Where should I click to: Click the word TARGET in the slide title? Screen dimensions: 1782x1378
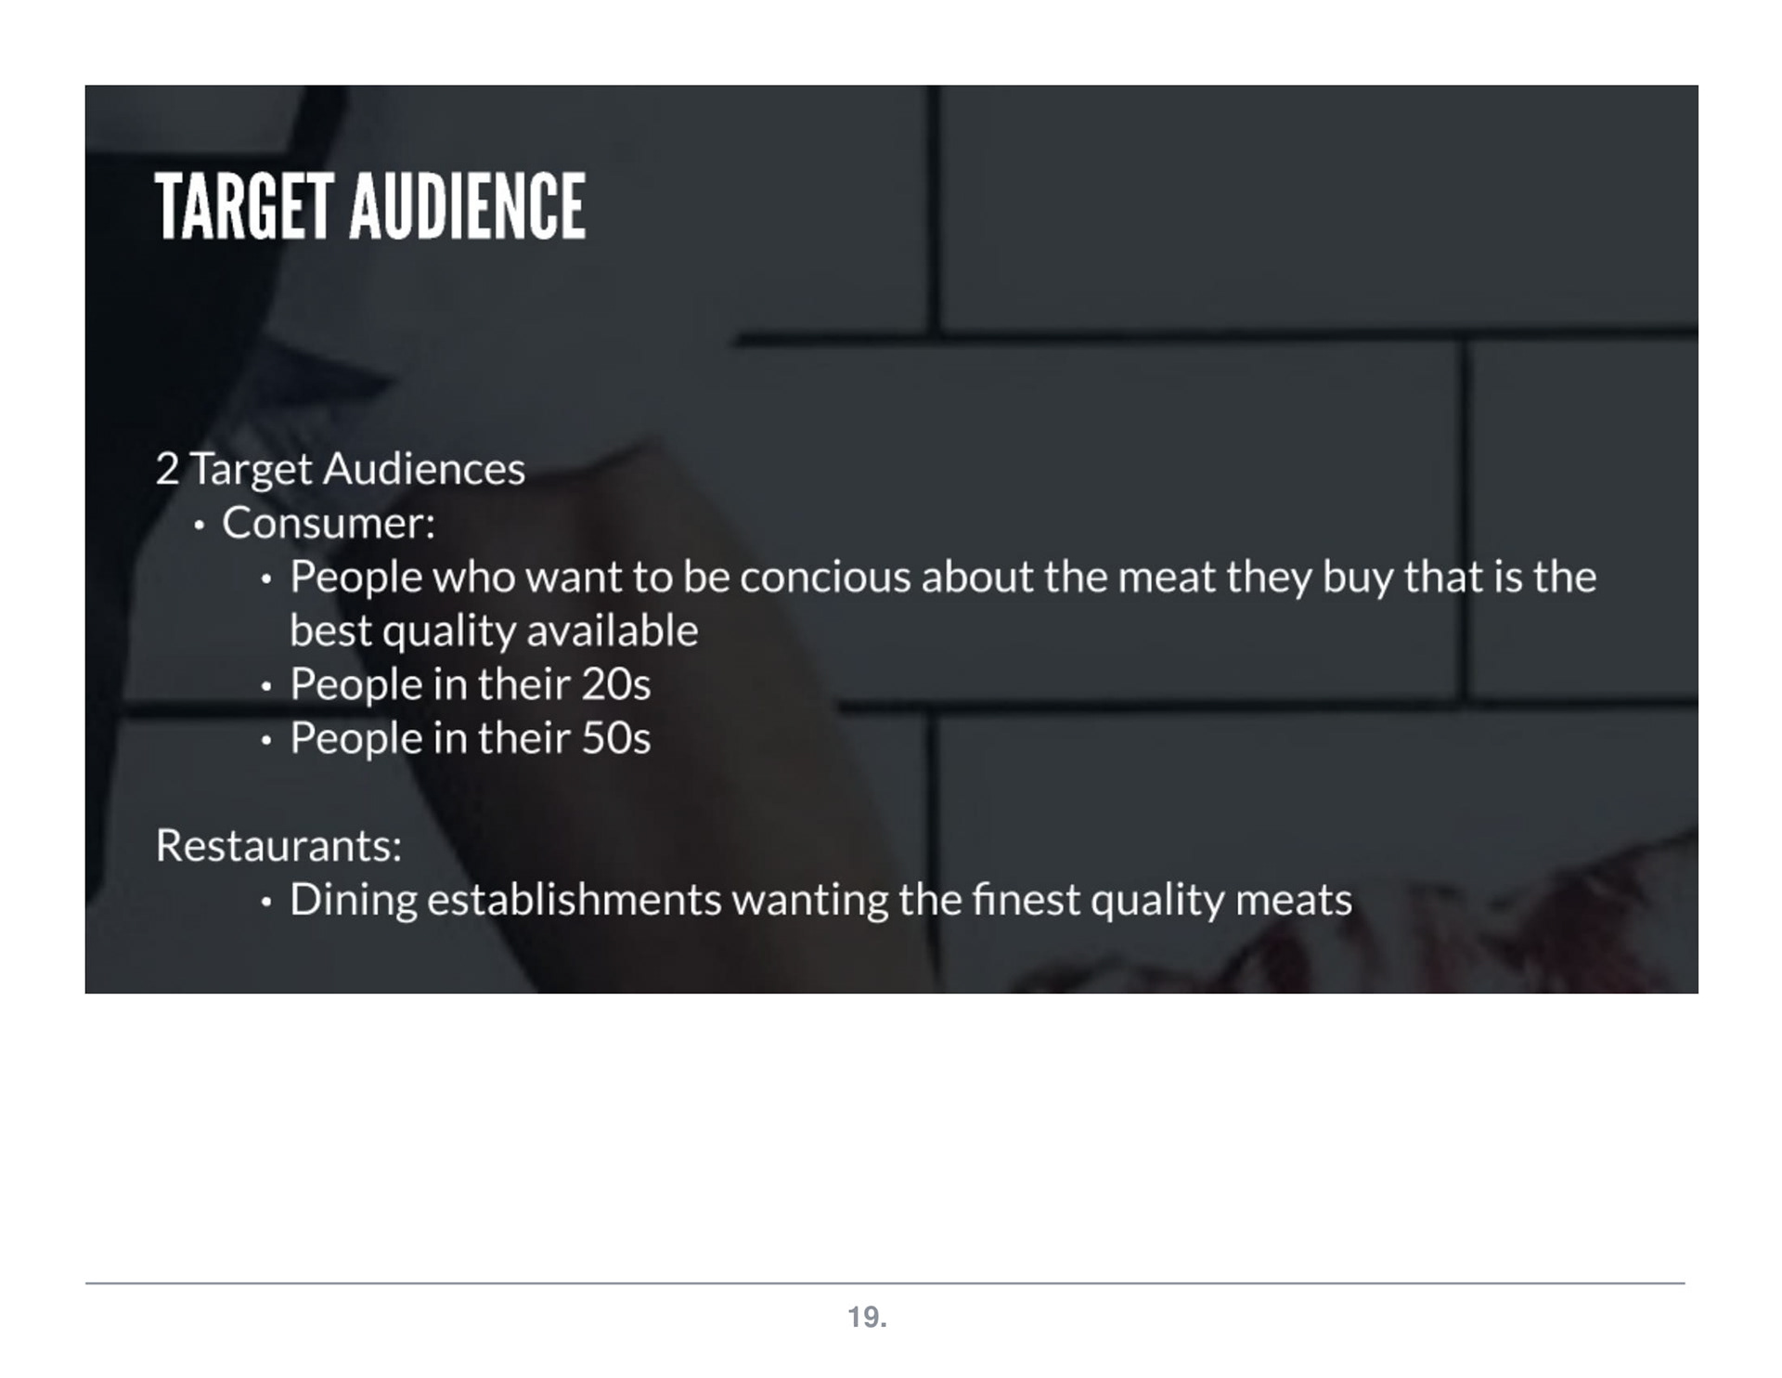point(244,206)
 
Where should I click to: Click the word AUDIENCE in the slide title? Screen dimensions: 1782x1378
point(468,206)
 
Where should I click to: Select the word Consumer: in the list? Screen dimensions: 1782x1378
point(329,523)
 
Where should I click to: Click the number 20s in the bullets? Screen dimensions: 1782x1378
point(616,685)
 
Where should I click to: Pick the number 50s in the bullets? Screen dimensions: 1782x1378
point(616,739)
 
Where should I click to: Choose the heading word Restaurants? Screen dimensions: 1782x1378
point(278,846)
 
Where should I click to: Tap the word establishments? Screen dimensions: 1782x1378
point(574,900)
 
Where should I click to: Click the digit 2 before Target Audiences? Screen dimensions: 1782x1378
point(167,469)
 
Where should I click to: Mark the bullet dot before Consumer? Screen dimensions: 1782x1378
point(199,526)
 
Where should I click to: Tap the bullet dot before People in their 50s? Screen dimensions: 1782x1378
point(266,741)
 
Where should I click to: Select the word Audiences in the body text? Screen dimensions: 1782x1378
point(424,469)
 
